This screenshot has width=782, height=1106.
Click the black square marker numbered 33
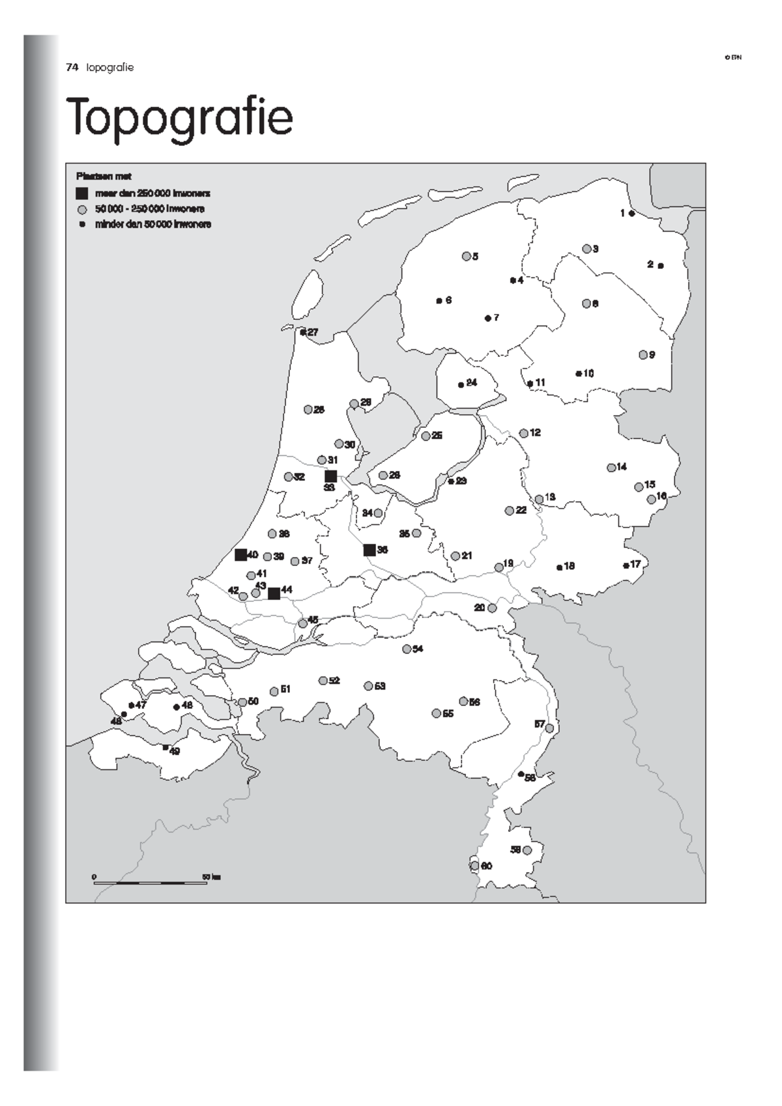click(330, 476)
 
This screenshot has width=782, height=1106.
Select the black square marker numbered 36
click(369, 550)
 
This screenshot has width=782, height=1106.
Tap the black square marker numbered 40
click(240, 555)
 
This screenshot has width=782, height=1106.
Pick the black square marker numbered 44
click(274, 593)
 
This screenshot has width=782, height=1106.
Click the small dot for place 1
click(631, 213)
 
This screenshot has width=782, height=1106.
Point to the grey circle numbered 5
click(466, 256)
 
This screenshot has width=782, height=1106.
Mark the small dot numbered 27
click(303, 332)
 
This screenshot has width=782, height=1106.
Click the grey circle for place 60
click(474, 866)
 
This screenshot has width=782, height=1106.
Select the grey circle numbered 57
click(549, 728)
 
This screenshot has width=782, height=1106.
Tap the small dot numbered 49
click(166, 747)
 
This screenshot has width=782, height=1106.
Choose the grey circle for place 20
click(492, 608)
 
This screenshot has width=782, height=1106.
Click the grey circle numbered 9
click(643, 355)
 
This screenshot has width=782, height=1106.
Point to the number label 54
click(418, 649)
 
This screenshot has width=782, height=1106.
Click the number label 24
click(472, 382)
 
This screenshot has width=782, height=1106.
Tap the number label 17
click(635, 564)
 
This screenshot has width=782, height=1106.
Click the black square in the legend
click(82, 193)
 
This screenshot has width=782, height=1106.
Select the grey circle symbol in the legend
click(82, 210)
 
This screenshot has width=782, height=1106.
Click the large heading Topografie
click(180, 117)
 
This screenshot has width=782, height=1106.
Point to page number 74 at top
click(72, 67)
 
